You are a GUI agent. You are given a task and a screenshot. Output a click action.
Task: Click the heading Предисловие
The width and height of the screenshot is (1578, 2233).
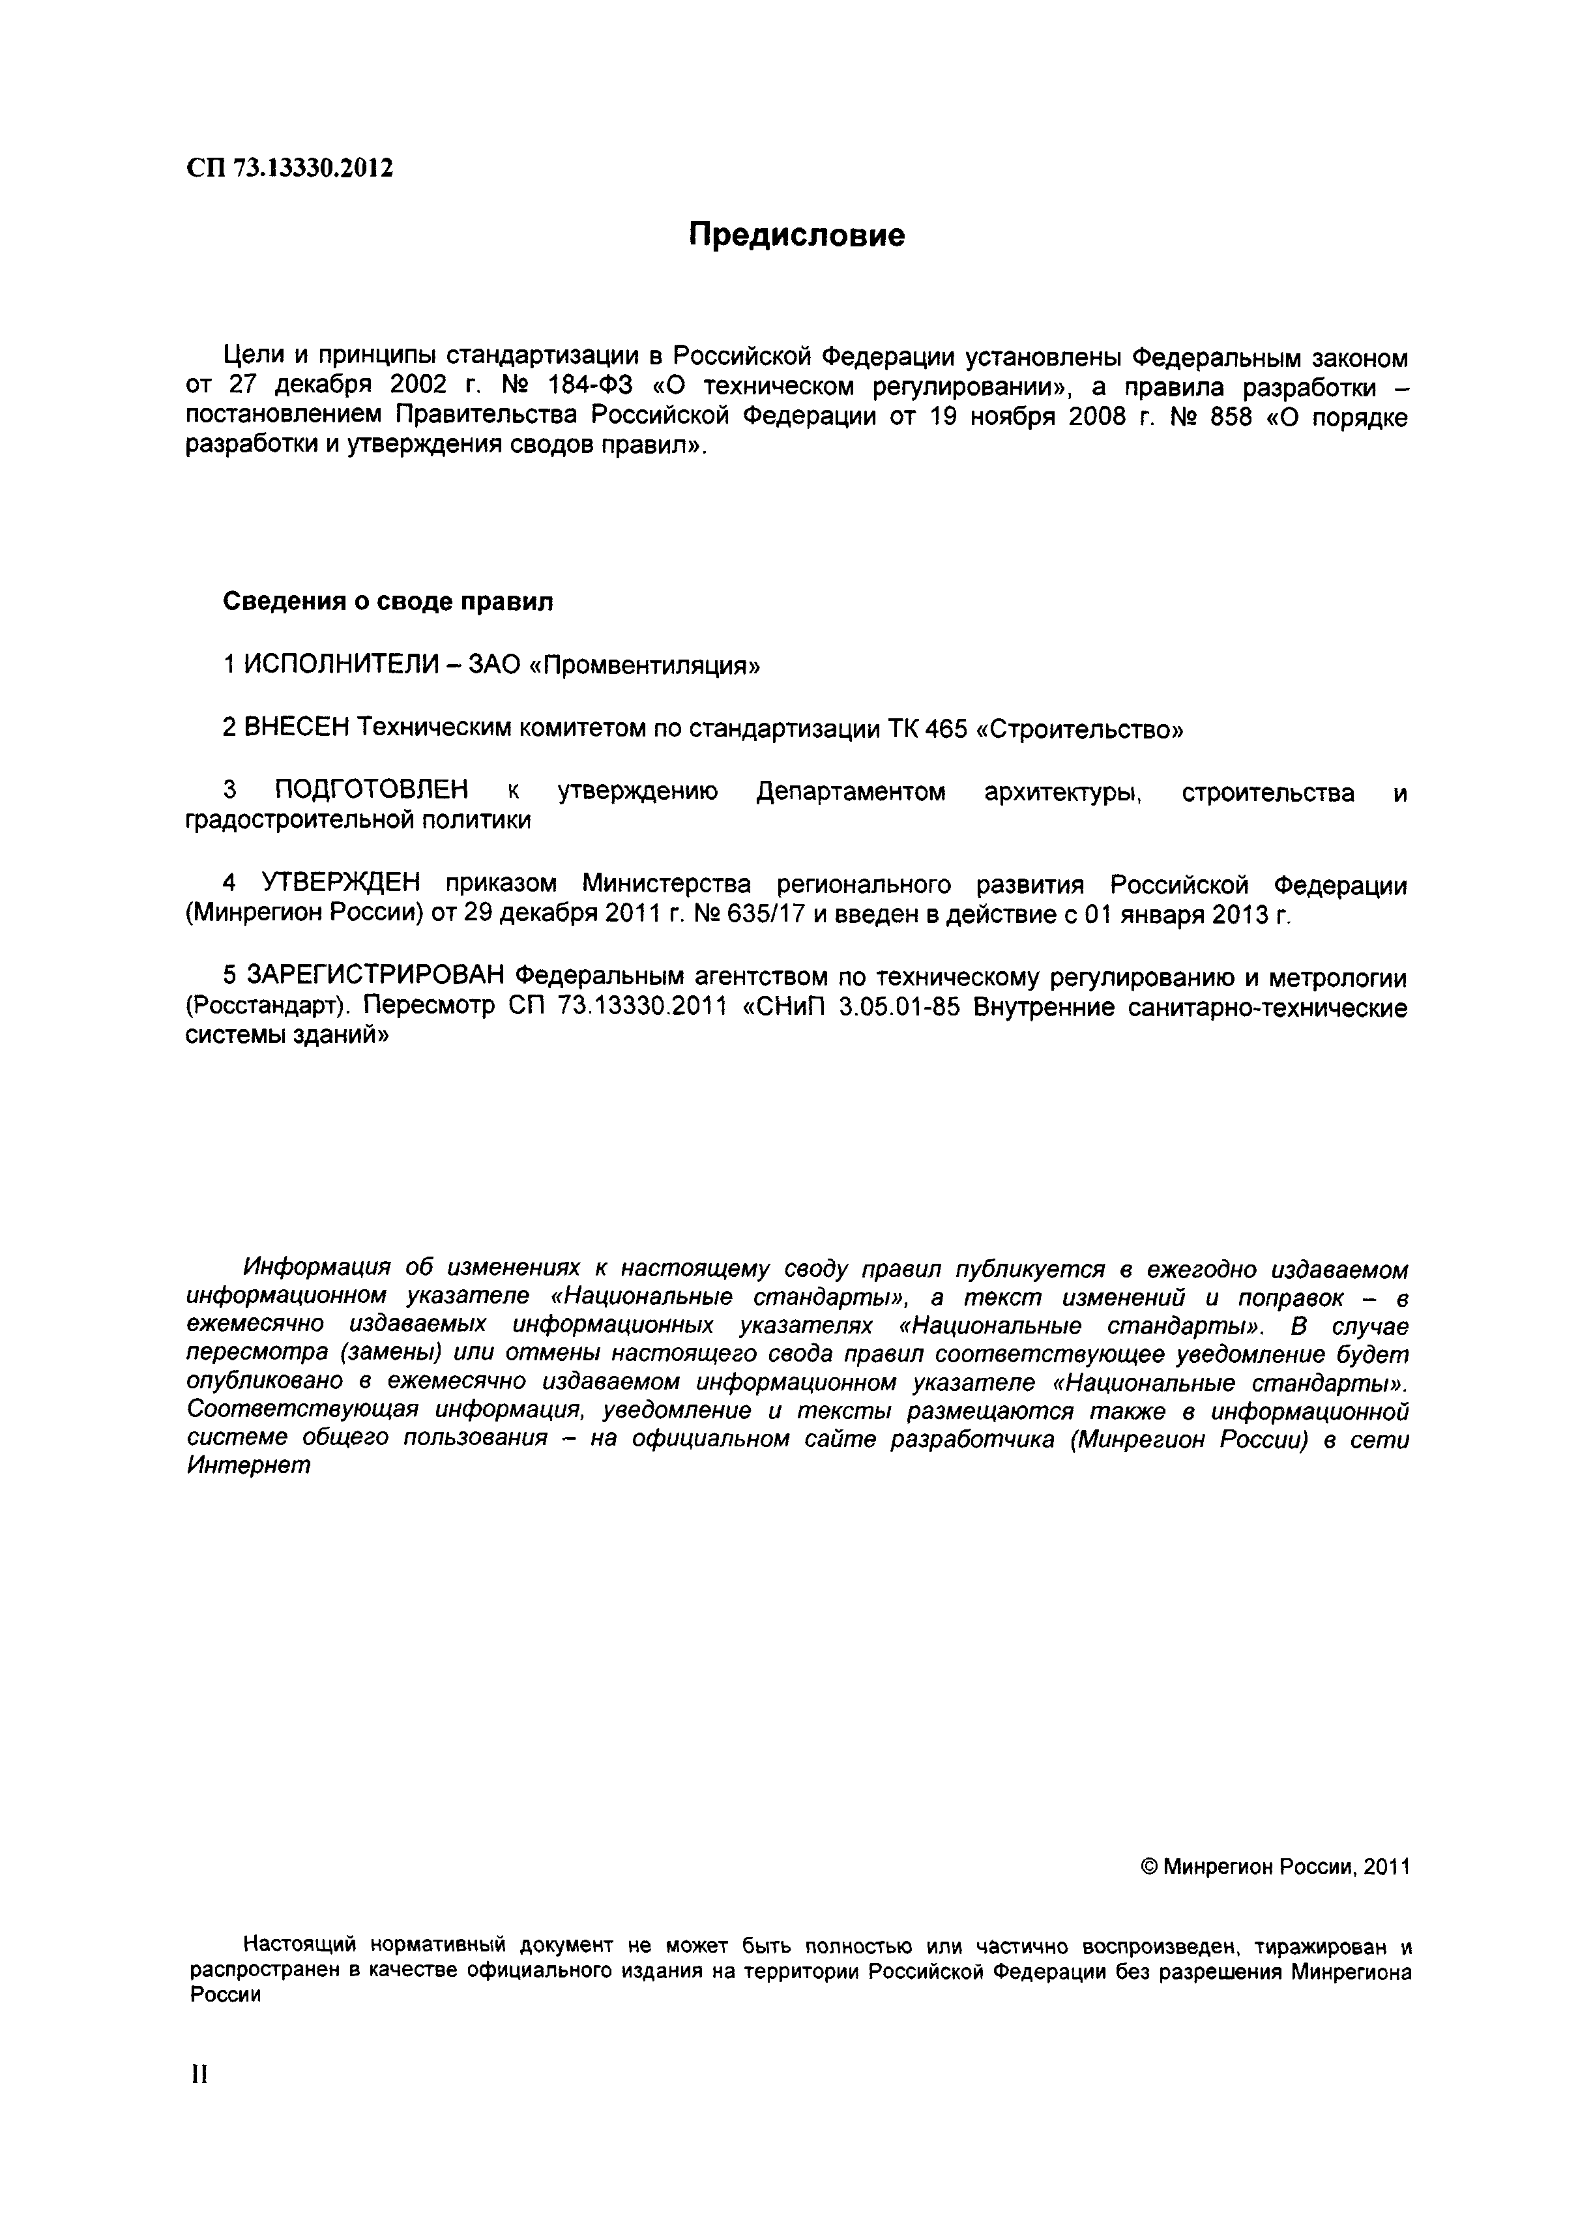click(x=796, y=235)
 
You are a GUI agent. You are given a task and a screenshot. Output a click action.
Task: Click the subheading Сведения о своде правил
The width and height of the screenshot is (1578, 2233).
click(x=388, y=602)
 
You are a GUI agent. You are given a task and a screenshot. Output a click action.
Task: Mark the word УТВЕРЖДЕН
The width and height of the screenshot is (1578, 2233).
click(x=340, y=884)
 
